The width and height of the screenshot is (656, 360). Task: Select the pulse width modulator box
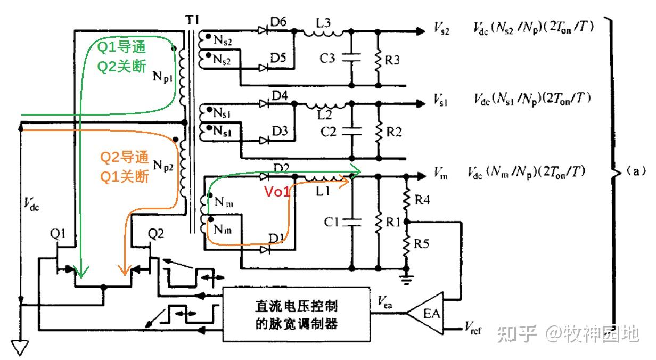click(297, 314)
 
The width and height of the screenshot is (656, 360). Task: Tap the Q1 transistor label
click(58, 233)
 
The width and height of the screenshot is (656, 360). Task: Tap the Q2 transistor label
click(156, 233)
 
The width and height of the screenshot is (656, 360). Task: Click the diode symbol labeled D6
click(263, 30)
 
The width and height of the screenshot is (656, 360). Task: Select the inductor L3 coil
click(323, 34)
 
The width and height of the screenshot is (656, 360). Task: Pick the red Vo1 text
click(277, 192)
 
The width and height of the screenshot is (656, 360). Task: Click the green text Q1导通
click(122, 47)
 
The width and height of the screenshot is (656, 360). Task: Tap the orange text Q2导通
click(125, 158)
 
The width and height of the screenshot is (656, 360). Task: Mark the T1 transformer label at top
click(192, 19)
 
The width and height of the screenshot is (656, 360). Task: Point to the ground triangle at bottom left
click(21, 347)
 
